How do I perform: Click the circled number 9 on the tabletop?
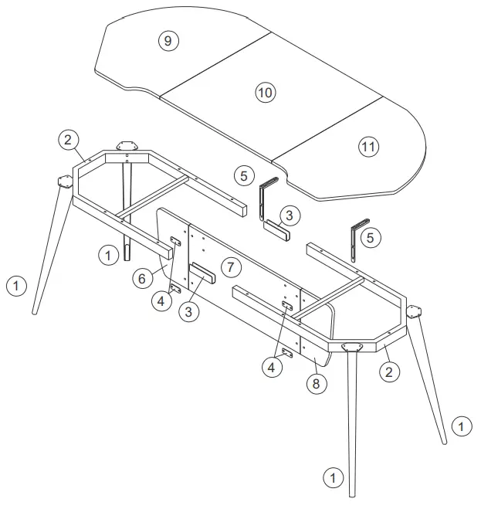tap(168, 40)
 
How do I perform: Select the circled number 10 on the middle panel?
tap(265, 93)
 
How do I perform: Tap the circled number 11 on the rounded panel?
tap(368, 146)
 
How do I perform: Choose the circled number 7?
tap(229, 267)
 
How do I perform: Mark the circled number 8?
tap(314, 382)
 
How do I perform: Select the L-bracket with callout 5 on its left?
tap(267, 198)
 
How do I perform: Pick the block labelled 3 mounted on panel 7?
tap(202, 274)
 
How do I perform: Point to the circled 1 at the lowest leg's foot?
tap(332, 477)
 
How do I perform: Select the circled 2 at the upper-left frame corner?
tap(68, 140)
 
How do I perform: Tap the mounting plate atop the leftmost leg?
tap(63, 182)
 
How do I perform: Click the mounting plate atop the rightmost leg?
tap(415, 313)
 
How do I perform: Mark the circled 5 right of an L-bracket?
tap(371, 238)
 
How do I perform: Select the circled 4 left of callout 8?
tap(271, 368)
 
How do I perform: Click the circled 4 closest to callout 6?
tap(161, 300)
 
